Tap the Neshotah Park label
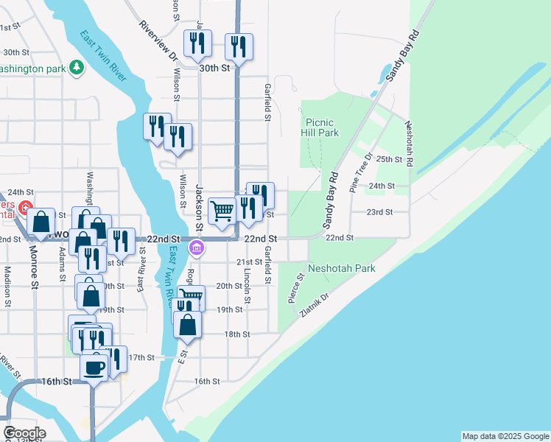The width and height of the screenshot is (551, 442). click(x=342, y=268)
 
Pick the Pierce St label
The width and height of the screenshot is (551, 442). click(x=295, y=287)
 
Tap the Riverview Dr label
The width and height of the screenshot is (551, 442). click(x=158, y=41)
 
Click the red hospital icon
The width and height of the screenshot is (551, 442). click(x=26, y=209)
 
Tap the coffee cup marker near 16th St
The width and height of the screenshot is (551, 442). click(x=94, y=366)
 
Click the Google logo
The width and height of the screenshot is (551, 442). click(x=24, y=433)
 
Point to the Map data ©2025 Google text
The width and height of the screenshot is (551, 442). click(x=505, y=436)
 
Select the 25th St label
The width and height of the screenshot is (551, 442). click(x=389, y=159)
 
